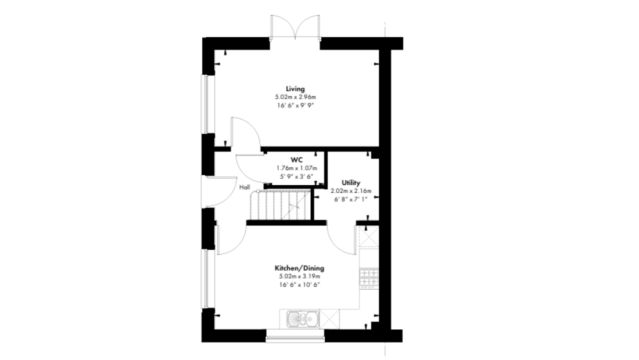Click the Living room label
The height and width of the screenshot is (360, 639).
295,89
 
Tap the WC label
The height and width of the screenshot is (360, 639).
297,160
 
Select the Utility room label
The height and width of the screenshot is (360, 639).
351,183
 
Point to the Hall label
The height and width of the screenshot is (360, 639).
245,188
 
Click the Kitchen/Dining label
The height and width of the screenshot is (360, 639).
300,268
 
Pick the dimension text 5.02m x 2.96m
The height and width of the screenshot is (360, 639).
296,98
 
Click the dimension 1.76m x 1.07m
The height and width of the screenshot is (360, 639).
297,168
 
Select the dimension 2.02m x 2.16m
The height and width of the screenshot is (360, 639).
351,191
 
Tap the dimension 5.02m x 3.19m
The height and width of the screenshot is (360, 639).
300,276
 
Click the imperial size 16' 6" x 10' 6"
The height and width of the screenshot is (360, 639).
300,285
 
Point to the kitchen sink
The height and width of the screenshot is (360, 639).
303,319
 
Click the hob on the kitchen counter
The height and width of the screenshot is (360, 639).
369,278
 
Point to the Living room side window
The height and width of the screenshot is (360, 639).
208,104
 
